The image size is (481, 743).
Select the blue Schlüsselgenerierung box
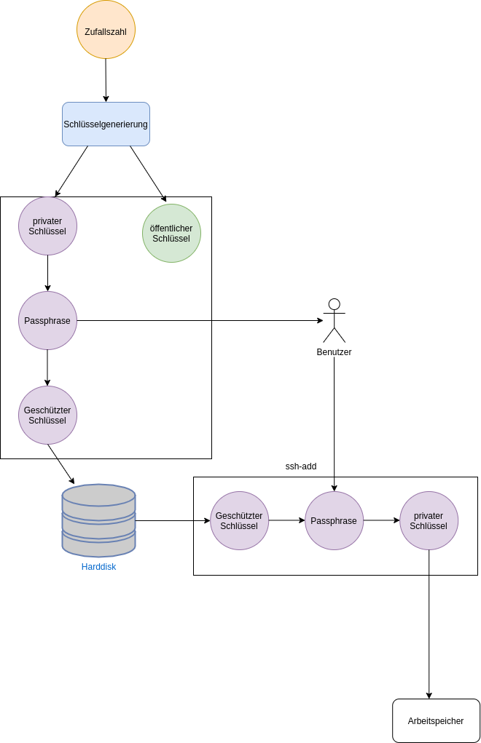106,124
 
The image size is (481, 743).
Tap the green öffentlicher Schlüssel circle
171,233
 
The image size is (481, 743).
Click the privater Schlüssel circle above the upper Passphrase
47,226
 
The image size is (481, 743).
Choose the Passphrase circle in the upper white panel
47,320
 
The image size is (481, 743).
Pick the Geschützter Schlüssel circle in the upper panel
47,415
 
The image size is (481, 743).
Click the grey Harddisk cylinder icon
98,520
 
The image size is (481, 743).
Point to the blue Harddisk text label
98,566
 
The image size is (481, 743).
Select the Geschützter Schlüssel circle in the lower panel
239,520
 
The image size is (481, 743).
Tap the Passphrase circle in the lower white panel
334,520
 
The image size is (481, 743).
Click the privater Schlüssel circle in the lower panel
429,520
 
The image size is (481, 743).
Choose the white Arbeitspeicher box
436,720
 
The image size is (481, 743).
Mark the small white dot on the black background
335,304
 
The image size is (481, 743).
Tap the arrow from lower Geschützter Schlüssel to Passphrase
286,520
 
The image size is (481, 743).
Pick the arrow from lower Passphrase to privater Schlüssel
381,520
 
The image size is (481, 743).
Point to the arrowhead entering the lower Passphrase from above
334,488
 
